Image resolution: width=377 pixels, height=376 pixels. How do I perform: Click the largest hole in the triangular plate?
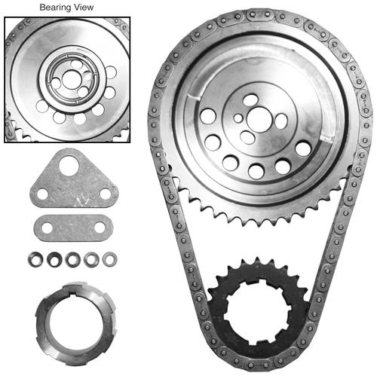(x=69, y=166)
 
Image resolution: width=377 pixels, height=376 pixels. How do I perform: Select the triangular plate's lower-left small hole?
(x=42, y=194)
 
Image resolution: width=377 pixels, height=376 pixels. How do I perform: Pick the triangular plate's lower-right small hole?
(x=106, y=194)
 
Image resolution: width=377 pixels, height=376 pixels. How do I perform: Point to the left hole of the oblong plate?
(x=47, y=228)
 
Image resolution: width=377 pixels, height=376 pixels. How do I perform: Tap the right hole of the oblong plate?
(x=100, y=228)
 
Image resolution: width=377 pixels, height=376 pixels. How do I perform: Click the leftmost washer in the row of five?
(x=35, y=259)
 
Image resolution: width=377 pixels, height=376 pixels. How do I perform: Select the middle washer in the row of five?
(x=72, y=259)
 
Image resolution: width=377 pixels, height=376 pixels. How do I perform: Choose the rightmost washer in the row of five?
(x=110, y=259)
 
